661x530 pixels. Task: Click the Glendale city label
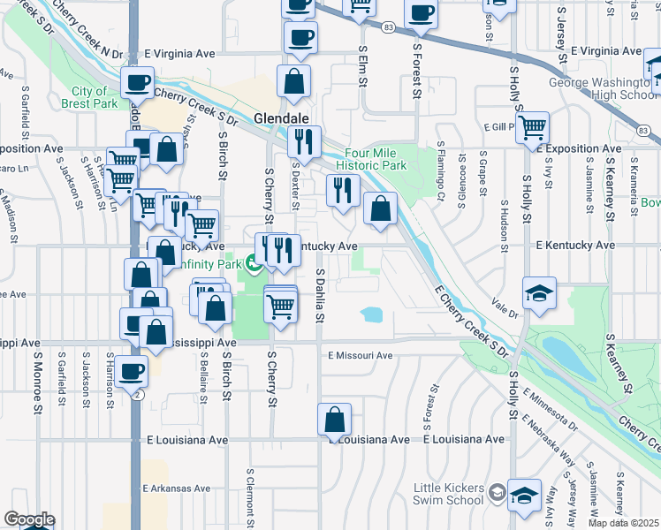281,118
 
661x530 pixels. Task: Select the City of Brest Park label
89,97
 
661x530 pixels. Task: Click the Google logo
29,519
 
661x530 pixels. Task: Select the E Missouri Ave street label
360,356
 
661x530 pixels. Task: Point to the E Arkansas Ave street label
177,488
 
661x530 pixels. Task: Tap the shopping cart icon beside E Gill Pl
532,126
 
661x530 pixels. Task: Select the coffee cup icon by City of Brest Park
137,82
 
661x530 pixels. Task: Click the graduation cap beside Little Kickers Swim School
524,496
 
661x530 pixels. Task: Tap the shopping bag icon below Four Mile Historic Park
380,209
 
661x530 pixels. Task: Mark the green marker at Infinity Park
254,262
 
